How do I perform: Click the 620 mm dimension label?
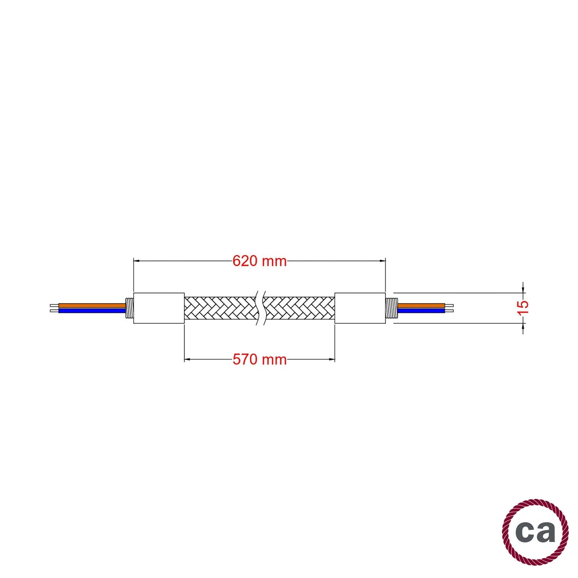(259, 261)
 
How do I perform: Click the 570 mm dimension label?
(259, 360)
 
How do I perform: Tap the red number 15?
(523, 308)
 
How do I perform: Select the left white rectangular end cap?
(159, 308)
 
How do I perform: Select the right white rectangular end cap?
(360, 308)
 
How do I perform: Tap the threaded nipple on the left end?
(130, 308)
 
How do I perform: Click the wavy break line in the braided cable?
(260, 308)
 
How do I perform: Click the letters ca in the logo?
(535, 532)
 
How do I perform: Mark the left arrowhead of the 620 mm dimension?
(136, 261)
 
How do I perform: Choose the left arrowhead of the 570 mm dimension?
(187, 360)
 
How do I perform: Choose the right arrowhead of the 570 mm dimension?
(332, 360)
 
